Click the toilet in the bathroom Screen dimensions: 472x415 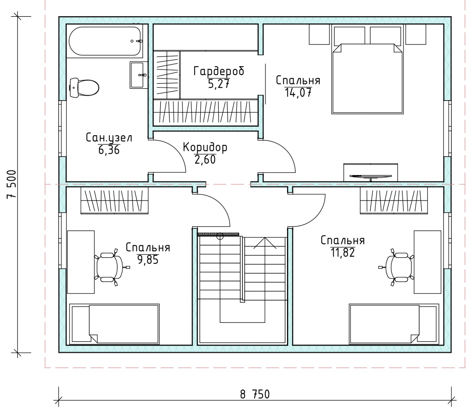(84, 88)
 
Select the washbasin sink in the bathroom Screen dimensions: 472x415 (138, 75)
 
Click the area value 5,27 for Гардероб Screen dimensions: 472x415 (219, 84)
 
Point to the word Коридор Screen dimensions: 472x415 (205, 147)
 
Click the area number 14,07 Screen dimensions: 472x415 (298, 93)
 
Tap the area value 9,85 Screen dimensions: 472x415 (148, 260)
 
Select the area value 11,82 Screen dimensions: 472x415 (342, 253)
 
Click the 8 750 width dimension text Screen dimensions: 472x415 (255, 394)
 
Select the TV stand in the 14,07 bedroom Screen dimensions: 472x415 (371, 172)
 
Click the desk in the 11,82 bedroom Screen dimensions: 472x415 (427, 262)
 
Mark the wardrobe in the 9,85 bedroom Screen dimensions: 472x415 (114, 200)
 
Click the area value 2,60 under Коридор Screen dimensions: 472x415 (205, 159)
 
